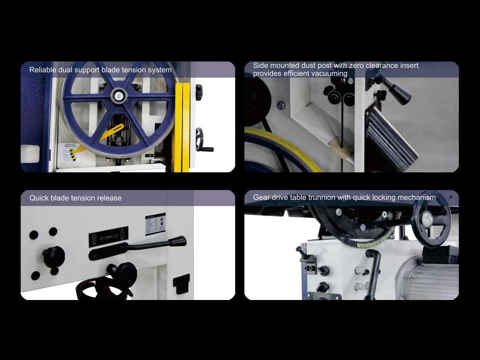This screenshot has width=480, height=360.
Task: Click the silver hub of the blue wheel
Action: (x=119, y=95)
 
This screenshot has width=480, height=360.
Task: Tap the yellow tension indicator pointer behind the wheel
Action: (x=111, y=133)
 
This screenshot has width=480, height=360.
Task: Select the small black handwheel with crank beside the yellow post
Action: (x=203, y=141)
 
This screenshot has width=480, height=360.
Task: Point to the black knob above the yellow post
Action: (x=199, y=92)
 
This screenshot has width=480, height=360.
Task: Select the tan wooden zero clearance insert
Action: (x=340, y=146)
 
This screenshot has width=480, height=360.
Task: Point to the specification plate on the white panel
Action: (x=155, y=224)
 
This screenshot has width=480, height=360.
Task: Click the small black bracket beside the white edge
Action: (x=181, y=284)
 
